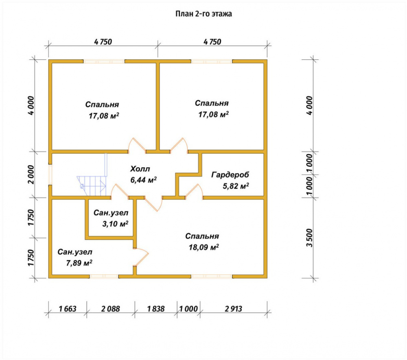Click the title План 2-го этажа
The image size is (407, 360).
pos(203,13)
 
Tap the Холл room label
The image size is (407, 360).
pos(140,169)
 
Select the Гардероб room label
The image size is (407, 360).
pos(230,175)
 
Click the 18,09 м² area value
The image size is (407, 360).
pos(204,247)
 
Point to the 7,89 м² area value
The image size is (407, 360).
pos(79,263)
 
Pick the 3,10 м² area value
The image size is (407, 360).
pos(115,224)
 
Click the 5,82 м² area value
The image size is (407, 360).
pos(236,186)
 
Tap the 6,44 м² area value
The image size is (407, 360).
pos(144,179)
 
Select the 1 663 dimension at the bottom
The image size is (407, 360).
pos(68,309)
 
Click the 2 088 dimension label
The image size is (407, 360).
pos(111,309)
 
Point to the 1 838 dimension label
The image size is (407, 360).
pos(156,309)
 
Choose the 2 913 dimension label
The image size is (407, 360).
pos(233,309)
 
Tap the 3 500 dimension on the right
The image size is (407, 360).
pos(309,238)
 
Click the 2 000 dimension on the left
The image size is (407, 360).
pos(31,174)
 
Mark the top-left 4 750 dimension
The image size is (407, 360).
pos(103,41)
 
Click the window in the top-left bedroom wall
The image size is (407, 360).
pos(104,61)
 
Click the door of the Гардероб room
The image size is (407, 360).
pos(194,191)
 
